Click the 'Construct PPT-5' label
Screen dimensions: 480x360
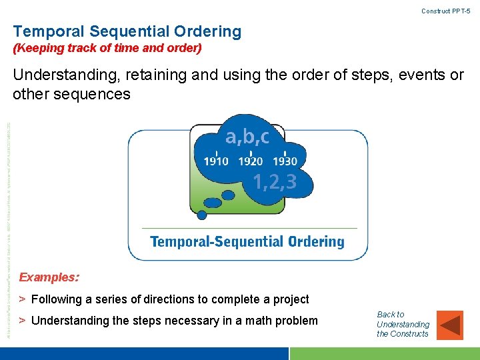446,11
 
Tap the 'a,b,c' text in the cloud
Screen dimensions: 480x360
247,137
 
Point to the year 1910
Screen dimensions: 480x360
216,161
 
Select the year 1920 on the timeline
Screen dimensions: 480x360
251,161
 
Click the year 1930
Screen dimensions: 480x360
285,161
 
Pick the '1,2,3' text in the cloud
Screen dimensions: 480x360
275,181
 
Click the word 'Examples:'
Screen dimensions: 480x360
49,277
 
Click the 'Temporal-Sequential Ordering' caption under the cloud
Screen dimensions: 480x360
247,241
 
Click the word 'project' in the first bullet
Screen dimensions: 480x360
290,299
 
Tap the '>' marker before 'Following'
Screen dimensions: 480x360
22,299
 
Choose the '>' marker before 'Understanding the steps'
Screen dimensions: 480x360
22,321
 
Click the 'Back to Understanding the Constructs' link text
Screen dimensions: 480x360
403,323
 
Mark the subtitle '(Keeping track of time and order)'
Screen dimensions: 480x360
107,49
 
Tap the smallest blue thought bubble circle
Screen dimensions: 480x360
202,215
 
